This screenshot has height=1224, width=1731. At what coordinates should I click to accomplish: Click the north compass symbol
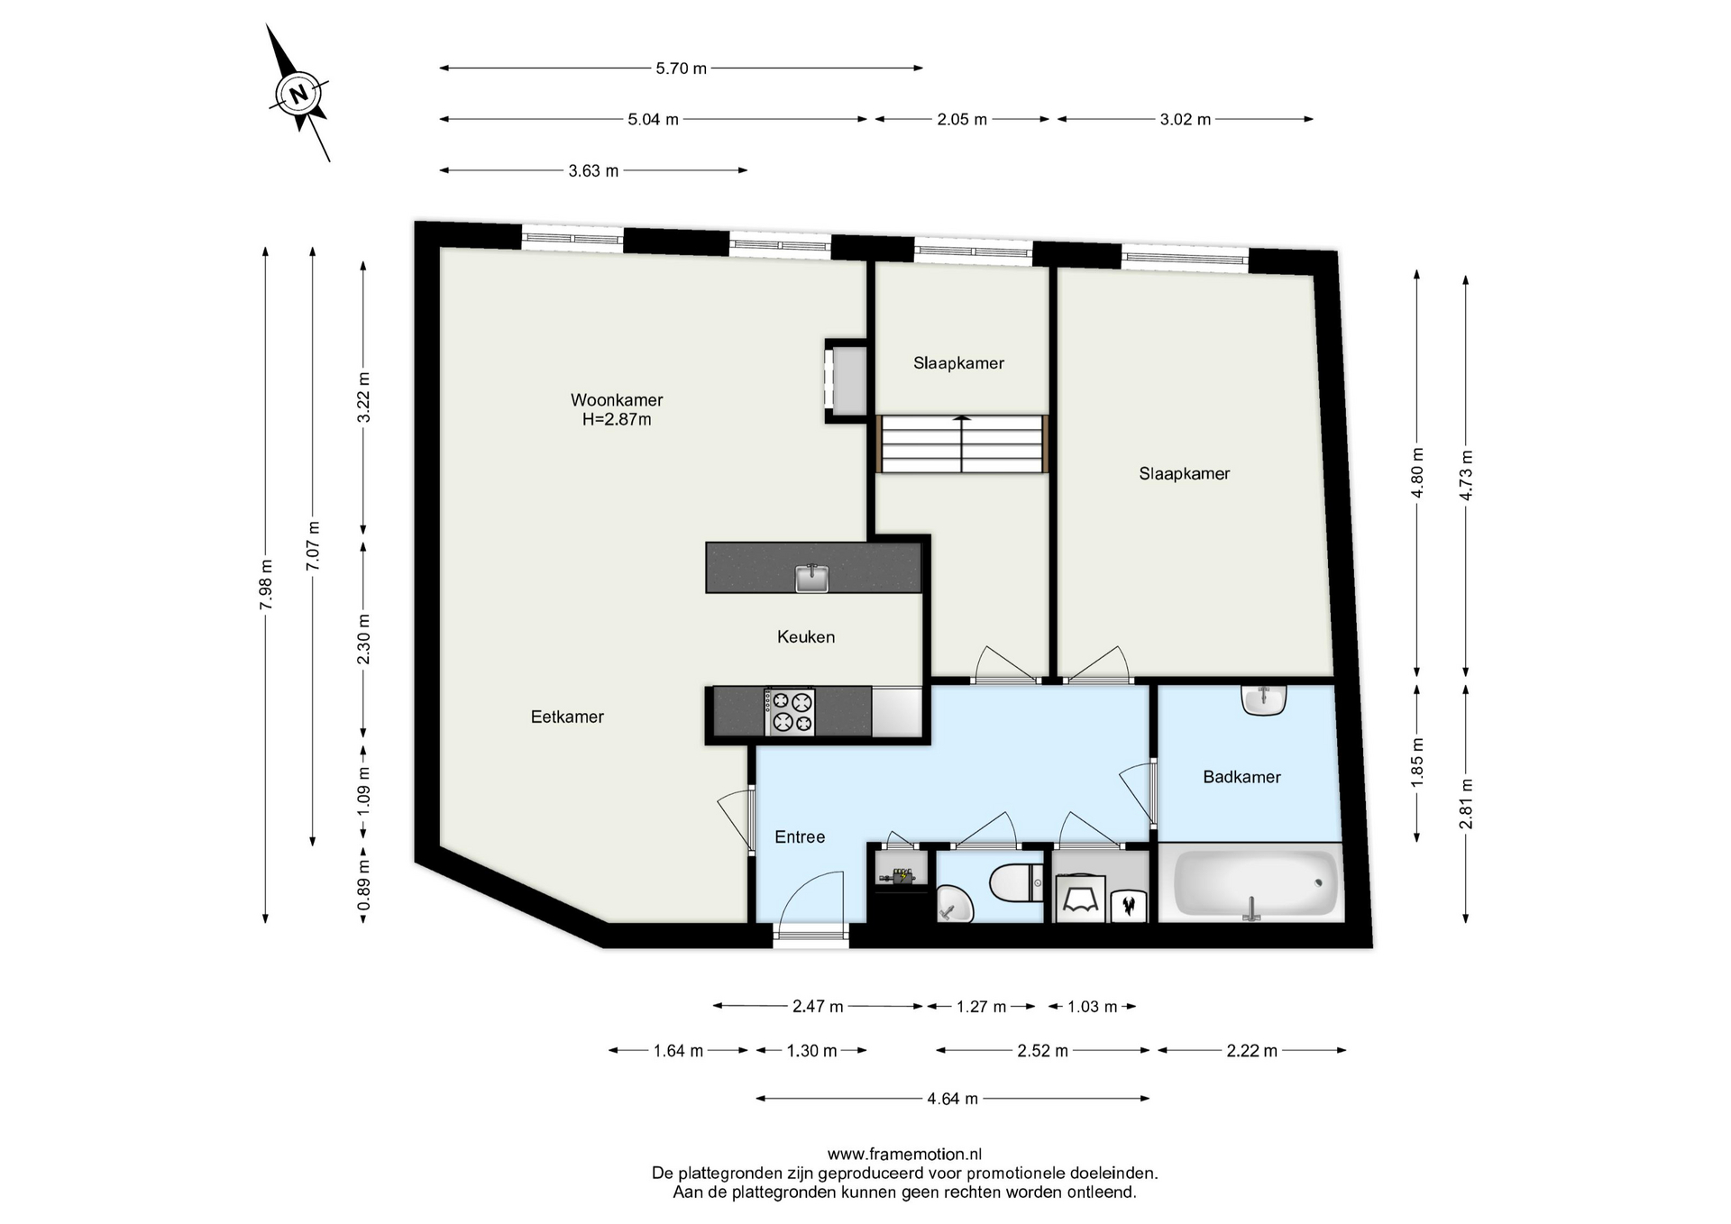coord(298,93)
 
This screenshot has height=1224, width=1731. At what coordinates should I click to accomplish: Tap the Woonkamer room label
coord(617,400)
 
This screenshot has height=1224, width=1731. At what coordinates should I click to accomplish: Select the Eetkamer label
coord(567,717)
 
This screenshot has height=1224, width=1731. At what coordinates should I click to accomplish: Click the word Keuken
coord(806,637)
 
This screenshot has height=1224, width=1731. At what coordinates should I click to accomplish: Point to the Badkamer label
coord(1241,777)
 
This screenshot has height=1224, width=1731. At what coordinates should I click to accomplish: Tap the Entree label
coord(800,837)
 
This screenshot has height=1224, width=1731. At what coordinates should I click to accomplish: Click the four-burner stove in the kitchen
coord(791,712)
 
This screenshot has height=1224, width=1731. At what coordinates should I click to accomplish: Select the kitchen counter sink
coord(812,577)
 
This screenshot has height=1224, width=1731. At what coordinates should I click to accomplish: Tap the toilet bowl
coord(1014,883)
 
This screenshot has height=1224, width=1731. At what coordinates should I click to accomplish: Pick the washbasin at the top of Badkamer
coord(1263,699)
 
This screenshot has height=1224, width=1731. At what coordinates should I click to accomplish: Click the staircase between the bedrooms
coord(962,443)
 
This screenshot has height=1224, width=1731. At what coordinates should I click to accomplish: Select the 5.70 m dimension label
coord(682,69)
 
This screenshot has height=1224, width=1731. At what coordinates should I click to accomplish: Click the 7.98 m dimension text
coord(266,585)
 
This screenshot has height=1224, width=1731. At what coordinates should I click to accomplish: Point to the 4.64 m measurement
coord(953,1099)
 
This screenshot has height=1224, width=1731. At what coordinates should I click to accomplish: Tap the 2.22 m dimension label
coord(1252,1051)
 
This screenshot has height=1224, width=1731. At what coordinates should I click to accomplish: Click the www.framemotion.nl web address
coord(904,1155)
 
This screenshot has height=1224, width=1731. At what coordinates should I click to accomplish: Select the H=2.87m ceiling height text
coord(617,420)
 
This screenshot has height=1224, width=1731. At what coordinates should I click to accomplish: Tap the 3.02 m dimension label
coord(1186,120)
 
